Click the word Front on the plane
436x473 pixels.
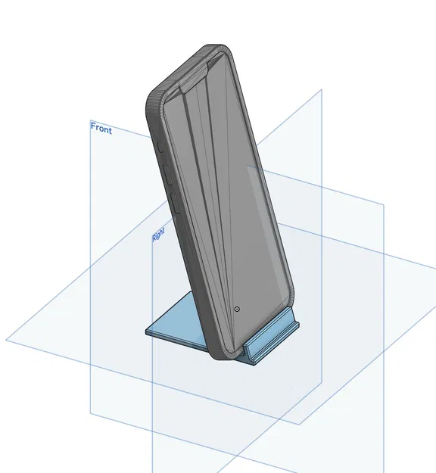coord(101,129)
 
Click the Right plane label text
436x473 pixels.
coord(158,237)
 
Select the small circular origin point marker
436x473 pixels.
coord(238,310)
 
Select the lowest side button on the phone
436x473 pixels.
coord(172,201)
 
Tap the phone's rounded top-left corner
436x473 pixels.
coord(151,98)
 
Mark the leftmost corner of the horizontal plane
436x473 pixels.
coord(6,340)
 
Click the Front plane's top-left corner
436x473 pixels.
coord(90,120)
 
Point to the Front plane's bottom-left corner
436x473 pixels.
coord(90,413)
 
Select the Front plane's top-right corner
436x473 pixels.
coord(322,89)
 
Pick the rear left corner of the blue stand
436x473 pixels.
coord(147,331)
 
